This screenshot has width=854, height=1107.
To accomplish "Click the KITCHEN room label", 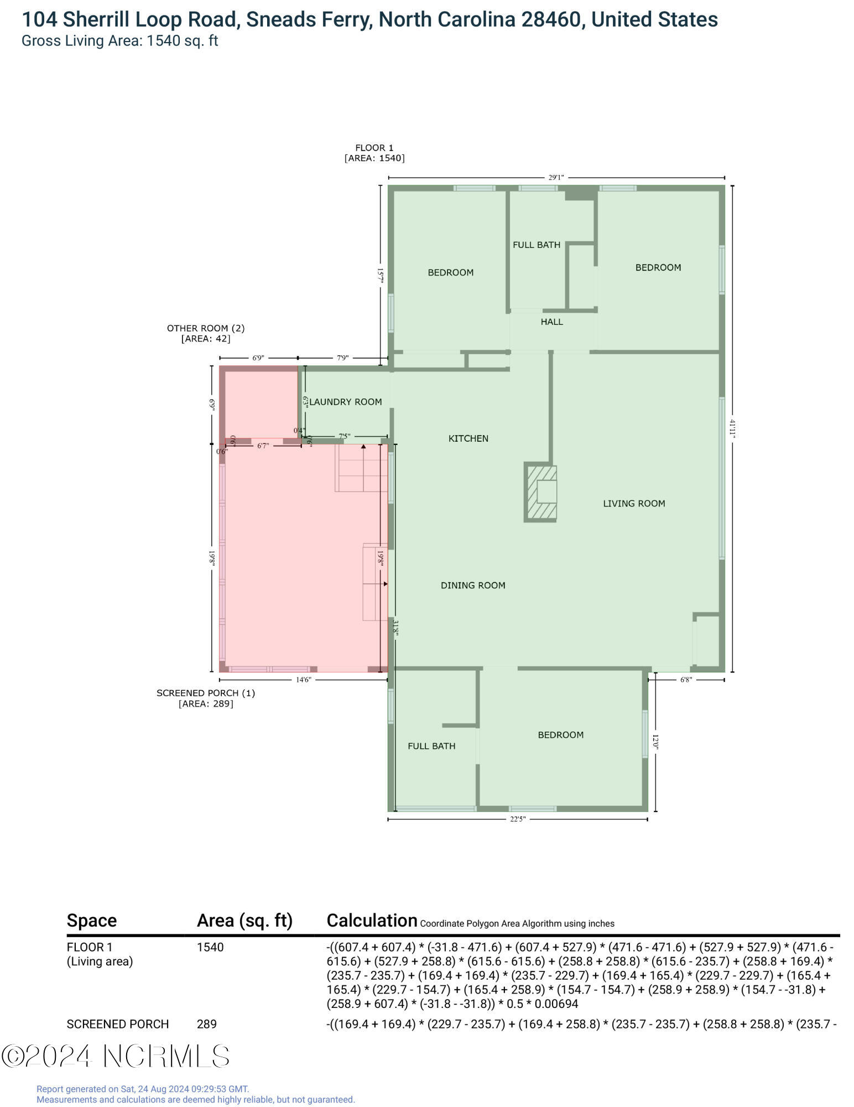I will click(x=468, y=438).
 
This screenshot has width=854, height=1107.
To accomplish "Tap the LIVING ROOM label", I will click(x=634, y=503).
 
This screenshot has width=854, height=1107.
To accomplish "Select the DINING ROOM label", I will click(x=473, y=585).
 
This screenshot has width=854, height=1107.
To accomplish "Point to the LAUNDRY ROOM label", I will click(x=346, y=402).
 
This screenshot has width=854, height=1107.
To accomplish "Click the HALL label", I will click(x=551, y=322).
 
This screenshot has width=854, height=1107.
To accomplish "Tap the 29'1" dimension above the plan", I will click(x=556, y=178).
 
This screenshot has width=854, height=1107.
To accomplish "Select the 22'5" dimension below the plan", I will click(x=517, y=819).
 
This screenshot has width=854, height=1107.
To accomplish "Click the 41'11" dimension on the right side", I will click(x=732, y=428).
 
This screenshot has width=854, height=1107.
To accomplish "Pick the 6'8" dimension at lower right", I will click(x=685, y=680).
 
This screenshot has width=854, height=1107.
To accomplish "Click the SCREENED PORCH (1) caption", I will click(x=206, y=693).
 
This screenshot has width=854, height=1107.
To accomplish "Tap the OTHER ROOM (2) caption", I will click(x=206, y=328).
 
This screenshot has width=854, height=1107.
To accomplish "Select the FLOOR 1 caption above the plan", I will click(x=374, y=148).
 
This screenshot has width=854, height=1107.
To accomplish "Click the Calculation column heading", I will click(x=372, y=920).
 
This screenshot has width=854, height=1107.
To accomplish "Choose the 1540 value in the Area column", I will click(x=210, y=947).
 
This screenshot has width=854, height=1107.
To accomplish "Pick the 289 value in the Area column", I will click(x=207, y=1024).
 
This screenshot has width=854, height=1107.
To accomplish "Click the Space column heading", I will click(x=92, y=920).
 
